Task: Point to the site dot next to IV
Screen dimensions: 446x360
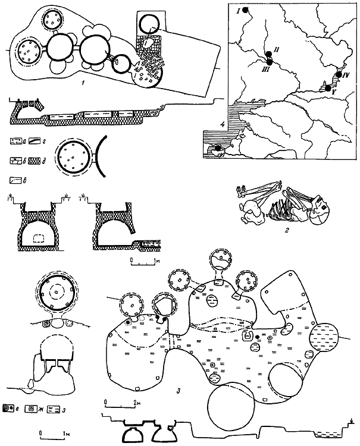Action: pyautogui.click(x=339, y=74)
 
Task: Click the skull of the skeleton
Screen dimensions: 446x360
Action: pyautogui.click(x=320, y=210)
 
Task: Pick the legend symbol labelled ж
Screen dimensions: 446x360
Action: pyautogui.click(x=33, y=410)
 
